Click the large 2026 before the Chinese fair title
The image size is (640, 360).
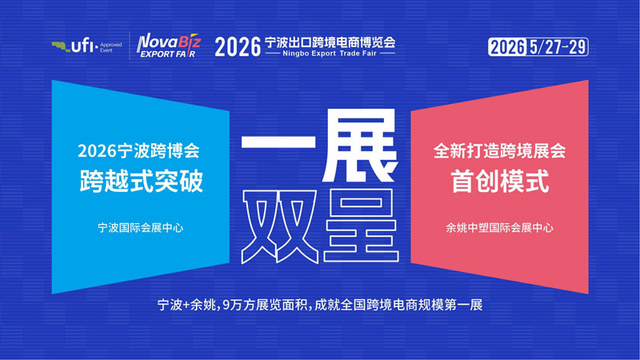tap(238, 46)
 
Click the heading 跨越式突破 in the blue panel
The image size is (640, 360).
tap(141, 181)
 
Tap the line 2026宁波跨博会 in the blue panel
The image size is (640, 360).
tap(141, 150)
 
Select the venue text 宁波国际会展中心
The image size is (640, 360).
tap(141, 227)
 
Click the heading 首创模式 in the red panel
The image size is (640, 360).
tap(500, 181)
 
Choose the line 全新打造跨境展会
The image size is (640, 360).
tap(500, 150)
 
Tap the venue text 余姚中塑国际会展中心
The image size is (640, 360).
tap(500, 227)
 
